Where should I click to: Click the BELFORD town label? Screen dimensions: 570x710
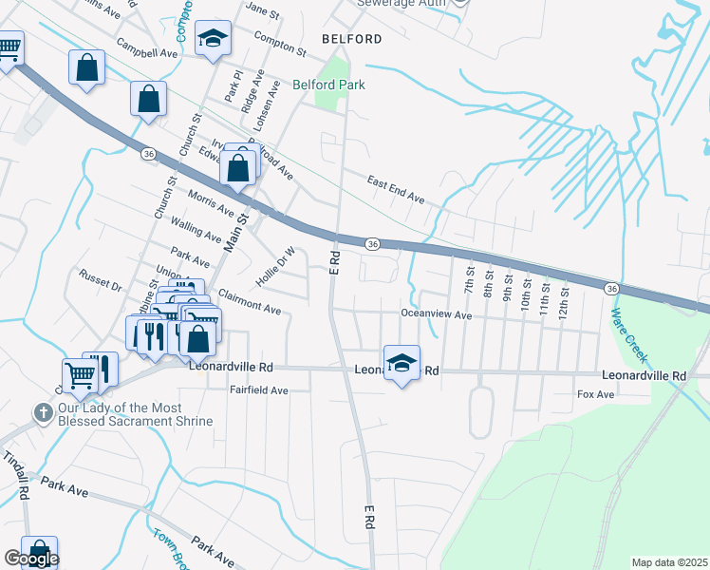tap(352, 39)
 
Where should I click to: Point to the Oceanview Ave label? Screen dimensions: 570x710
tap(436, 314)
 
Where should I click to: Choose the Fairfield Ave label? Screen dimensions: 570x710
tap(258, 390)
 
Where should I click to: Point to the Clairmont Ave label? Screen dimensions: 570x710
tap(250, 303)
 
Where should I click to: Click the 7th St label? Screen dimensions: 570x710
tap(468, 280)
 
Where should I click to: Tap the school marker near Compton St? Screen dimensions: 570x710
tap(214, 39)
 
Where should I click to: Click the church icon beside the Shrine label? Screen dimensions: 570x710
tap(43, 412)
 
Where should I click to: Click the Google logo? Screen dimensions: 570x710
tap(31, 559)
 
